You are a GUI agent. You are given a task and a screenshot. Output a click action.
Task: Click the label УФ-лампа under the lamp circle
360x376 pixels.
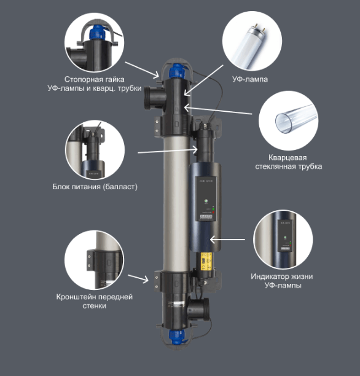tap(250, 79)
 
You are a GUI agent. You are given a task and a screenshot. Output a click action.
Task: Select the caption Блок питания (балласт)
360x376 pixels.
tap(95, 187)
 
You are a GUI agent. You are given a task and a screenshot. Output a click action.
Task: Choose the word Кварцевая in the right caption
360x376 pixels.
tap(288, 157)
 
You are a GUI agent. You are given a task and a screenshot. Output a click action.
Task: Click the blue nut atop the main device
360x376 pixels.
tap(177, 71)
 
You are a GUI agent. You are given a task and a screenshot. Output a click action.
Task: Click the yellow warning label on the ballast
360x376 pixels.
tap(206, 262)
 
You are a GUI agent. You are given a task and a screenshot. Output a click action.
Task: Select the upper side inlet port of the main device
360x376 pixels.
tap(155, 98)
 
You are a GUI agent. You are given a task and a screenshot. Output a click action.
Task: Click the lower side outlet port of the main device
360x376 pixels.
tap(198, 309)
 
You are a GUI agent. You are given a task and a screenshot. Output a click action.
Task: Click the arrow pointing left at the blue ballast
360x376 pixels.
tap(227, 240)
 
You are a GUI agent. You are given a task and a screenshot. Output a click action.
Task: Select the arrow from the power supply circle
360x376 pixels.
tap(168, 151)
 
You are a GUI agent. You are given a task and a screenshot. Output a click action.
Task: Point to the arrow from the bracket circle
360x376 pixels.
tap(138, 278)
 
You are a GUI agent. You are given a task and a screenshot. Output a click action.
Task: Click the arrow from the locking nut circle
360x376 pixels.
tap(142, 69)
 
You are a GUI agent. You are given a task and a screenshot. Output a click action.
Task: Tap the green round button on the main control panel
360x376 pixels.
tap(206, 201)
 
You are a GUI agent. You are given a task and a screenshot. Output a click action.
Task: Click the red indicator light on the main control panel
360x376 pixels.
tap(213, 213)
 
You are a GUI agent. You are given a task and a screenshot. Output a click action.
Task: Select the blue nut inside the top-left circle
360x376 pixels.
tap(98, 33)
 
